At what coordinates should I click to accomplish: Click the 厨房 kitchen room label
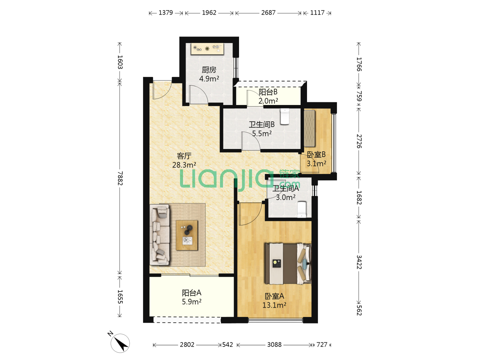point(209,70)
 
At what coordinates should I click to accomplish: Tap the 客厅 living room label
point(184,156)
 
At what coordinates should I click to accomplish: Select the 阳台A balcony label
point(192,293)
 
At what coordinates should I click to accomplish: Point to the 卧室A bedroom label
point(274,296)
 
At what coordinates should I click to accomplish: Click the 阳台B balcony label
point(268,92)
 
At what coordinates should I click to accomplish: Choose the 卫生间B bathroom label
point(262,124)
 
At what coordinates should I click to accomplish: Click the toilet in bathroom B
point(285,117)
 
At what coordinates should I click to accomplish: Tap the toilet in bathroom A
point(302,209)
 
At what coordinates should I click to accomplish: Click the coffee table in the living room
point(187,235)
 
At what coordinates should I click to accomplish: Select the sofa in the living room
point(160,235)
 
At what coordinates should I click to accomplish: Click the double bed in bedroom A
point(288,264)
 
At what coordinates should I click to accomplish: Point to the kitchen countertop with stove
point(207,49)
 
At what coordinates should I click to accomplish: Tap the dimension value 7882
point(120,178)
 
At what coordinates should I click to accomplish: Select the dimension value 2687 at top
point(268,13)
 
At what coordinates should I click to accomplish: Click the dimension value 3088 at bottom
point(274,345)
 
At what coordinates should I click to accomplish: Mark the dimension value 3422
point(359,262)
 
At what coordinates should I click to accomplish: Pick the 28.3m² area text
point(184,165)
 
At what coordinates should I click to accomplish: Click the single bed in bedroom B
point(309,128)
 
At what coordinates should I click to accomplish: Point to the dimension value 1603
point(120,62)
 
